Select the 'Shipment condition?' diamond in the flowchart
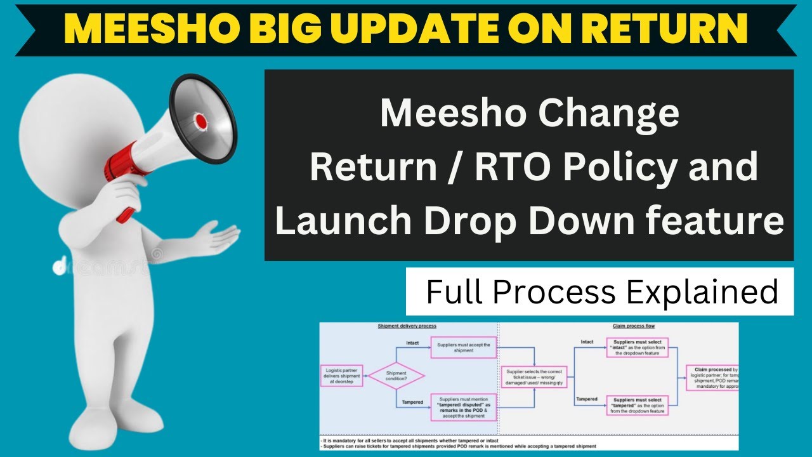pos(396,376)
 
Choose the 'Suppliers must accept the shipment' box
pos(463,347)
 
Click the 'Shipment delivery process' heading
pos(407,326)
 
